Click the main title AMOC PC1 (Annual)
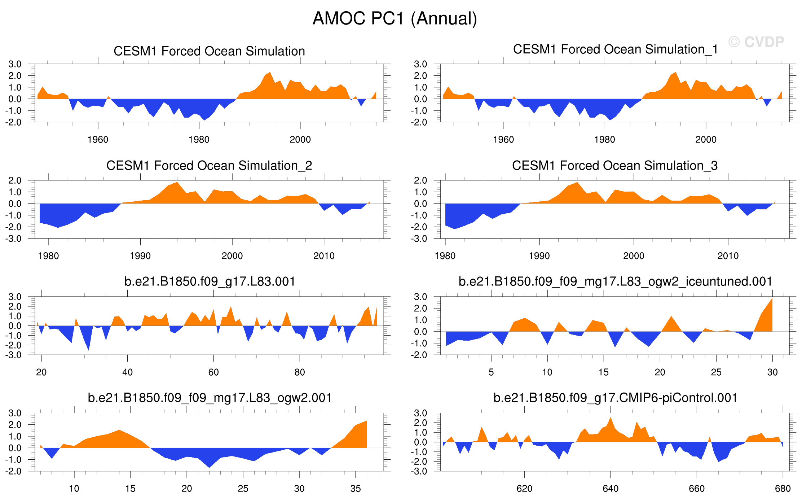click(x=395, y=19)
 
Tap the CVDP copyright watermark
click(x=756, y=42)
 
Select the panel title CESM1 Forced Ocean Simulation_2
click(x=209, y=166)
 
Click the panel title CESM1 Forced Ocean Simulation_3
click(x=615, y=166)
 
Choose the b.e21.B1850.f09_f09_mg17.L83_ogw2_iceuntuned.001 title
click(x=615, y=281)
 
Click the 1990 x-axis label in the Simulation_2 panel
click(x=140, y=256)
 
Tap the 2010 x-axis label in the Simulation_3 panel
click(x=728, y=256)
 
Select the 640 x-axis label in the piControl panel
click(x=611, y=489)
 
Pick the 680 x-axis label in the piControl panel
click(x=783, y=489)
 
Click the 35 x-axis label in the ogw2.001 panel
click(x=356, y=489)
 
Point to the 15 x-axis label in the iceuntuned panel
click(x=604, y=372)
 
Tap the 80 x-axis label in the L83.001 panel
click(x=300, y=372)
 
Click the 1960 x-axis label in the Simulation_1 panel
click(x=503, y=140)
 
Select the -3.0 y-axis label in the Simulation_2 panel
click(x=13, y=239)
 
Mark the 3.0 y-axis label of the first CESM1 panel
click(x=15, y=64)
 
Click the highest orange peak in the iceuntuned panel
click(x=772, y=299)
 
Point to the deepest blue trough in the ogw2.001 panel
click(x=210, y=467)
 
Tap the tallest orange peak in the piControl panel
click(x=611, y=418)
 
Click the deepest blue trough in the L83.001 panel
click(x=89, y=350)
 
